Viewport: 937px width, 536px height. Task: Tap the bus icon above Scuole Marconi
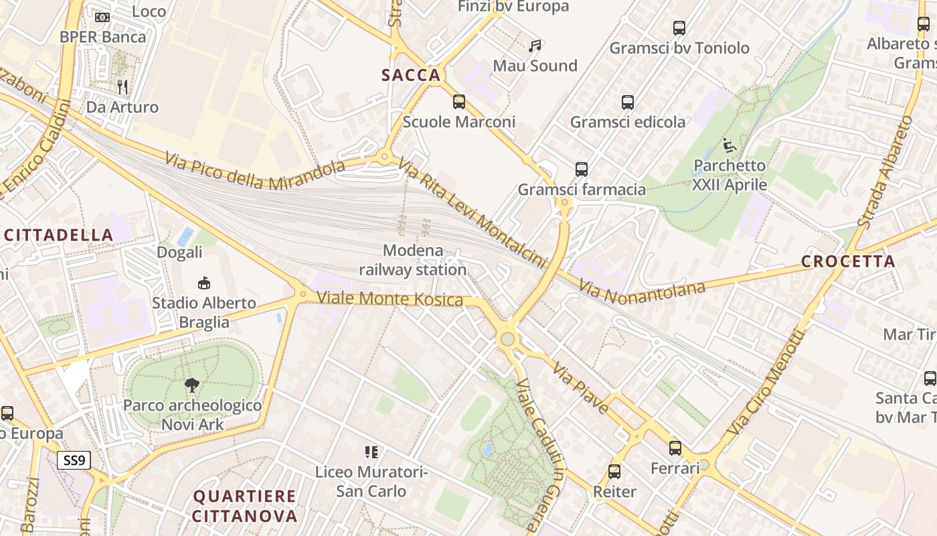click(x=458, y=102)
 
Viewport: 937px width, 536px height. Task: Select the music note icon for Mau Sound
click(x=534, y=46)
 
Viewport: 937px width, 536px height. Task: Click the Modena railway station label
click(x=413, y=260)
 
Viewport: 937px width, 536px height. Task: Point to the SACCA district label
click(x=412, y=76)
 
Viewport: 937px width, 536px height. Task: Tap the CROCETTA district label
click(x=848, y=262)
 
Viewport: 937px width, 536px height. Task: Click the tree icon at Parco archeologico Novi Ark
click(x=192, y=385)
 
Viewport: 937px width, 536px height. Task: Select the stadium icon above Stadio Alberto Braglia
click(x=204, y=283)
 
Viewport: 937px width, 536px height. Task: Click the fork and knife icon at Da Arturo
click(x=122, y=86)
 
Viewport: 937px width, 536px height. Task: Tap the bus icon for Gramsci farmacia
click(x=581, y=170)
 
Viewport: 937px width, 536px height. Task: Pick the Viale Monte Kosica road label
click(x=390, y=299)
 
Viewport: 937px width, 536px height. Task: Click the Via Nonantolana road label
click(x=643, y=291)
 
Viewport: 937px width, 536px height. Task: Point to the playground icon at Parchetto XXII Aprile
click(x=729, y=145)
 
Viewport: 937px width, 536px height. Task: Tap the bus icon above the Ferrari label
click(x=675, y=448)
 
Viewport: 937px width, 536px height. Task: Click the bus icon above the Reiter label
click(x=614, y=472)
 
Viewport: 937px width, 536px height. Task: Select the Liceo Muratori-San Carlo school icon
click(x=371, y=452)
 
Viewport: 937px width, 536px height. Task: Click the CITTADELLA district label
click(x=59, y=235)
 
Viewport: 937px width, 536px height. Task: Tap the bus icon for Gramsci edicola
click(x=627, y=102)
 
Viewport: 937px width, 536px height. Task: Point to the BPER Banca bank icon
click(x=102, y=17)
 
